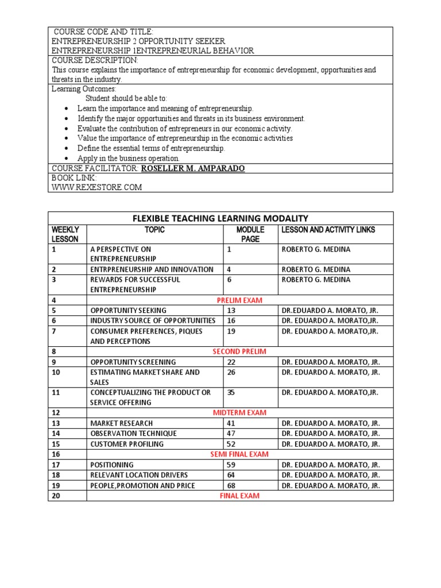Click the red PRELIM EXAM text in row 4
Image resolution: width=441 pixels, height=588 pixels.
pyautogui.click(x=240, y=300)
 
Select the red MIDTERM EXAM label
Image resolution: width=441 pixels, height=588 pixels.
pyautogui.click(x=239, y=412)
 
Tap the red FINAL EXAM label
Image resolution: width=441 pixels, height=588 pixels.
pyautogui.click(x=239, y=496)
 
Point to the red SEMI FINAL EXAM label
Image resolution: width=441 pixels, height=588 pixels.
pyautogui.click(x=239, y=454)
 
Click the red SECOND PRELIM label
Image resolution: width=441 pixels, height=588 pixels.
pyautogui.click(x=239, y=351)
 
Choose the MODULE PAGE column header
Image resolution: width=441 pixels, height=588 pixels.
pyautogui.click(x=250, y=234)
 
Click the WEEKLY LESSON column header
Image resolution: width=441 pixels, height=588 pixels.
pyautogui.click(x=65, y=234)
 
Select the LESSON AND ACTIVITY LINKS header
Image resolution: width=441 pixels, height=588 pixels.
pyautogui.click(x=328, y=230)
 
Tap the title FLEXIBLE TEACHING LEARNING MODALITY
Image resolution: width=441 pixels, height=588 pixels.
pyautogui.click(x=220, y=218)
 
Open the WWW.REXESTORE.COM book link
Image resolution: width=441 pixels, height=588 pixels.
pyautogui.click(x=96, y=187)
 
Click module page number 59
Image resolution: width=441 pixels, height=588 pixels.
pyautogui.click(x=232, y=465)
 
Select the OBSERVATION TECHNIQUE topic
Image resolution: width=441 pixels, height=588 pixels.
pyautogui.click(x=133, y=434)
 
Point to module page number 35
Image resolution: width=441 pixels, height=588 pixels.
pyautogui.click(x=232, y=393)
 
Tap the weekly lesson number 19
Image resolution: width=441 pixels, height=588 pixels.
pyautogui.click(x=56, y=485)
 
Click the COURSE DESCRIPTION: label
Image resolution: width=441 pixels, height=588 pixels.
pyautogui.click(x=95, y=60)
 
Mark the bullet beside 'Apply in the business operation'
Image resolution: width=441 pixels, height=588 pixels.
pyautogui.click(x=68, y=158)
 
